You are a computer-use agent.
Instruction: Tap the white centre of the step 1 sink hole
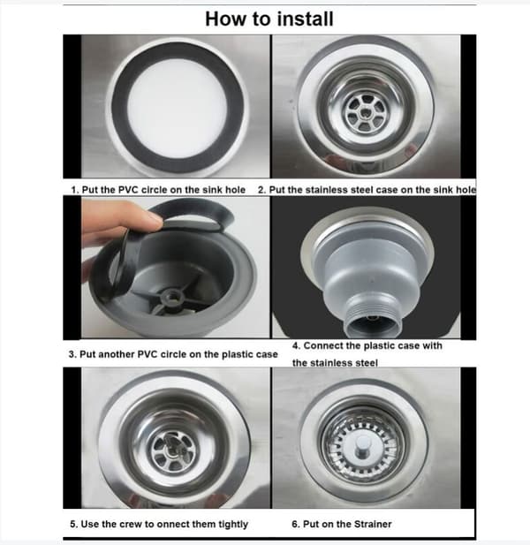[178, 108]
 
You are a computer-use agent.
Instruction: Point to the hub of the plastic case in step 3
[171, 297]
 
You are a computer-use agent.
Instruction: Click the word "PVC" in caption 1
[129, 190]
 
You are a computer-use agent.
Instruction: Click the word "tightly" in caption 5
[233, 524]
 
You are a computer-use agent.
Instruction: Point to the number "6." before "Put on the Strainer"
[295, 524]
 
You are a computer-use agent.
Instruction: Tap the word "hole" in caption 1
[235, 190]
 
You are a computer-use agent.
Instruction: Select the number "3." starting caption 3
[72, 354]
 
